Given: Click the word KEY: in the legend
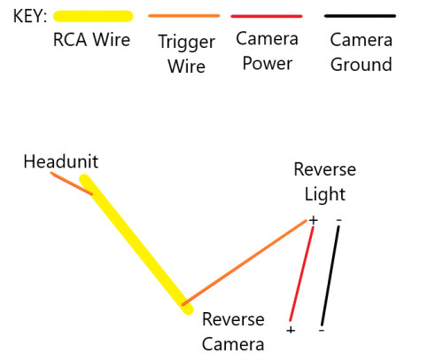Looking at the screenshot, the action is (30, 16).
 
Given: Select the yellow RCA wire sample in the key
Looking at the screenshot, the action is (93, 16).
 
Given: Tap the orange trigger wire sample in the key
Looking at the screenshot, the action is (184, 16).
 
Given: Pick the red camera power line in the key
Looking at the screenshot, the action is (267, 16).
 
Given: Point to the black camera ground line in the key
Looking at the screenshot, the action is (360, 16).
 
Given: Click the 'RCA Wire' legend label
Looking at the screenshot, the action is (91, 40).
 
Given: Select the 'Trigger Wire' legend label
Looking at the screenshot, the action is (187, 54).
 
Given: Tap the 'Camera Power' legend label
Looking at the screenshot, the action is (267, 51).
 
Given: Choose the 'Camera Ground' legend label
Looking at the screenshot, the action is (361, 52).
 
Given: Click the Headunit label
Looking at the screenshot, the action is (61, 161).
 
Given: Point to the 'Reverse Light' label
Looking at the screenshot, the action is (325, 182).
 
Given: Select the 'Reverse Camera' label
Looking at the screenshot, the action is (233, 332).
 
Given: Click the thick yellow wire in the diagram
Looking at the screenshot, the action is (136, 244).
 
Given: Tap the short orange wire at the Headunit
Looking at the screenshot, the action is (71, 184).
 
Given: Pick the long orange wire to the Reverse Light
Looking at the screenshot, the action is (245, 262).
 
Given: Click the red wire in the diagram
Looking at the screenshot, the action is (301, 274).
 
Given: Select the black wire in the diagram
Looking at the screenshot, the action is (330, 276).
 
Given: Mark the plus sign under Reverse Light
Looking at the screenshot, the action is (314, 220).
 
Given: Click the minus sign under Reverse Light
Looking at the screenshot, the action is (338, 220).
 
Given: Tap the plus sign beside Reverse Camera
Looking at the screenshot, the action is (291, 330).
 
